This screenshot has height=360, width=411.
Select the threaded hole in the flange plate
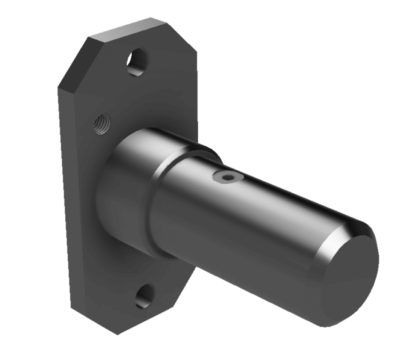[102, 124]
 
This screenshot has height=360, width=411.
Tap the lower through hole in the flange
[144, 297]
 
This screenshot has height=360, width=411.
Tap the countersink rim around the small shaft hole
[221, 177]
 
